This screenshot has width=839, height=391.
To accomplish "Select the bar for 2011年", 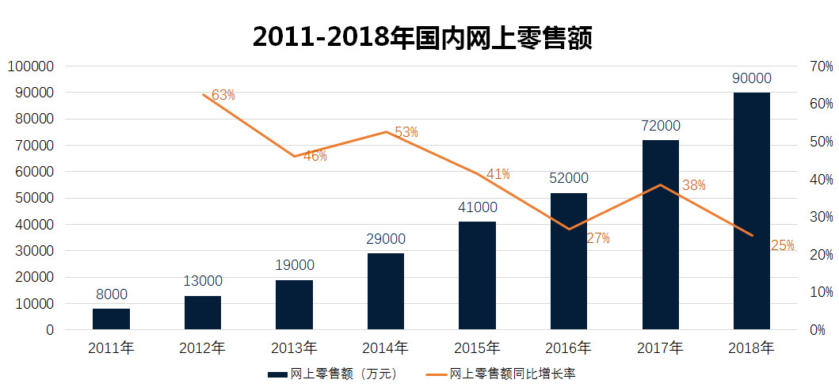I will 112,319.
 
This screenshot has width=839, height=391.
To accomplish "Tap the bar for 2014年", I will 386,291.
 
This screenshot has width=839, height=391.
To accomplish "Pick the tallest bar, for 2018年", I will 752,211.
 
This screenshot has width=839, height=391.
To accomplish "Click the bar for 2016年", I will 569,261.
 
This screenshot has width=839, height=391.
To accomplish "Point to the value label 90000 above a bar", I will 752,78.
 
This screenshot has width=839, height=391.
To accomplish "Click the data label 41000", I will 477,207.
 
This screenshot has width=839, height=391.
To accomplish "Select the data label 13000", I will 203,281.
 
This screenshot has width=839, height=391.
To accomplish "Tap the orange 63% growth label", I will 223,95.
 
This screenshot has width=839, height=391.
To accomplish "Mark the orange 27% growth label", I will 597,238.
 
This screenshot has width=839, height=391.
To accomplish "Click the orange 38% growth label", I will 694,185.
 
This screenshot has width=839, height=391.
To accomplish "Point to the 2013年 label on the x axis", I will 294,347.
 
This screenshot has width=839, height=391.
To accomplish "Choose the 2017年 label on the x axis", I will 660,347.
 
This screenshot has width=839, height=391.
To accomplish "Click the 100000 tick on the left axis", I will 29,66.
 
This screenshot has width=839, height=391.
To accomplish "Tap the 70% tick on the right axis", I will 819,66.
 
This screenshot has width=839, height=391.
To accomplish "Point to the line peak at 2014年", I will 386,131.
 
